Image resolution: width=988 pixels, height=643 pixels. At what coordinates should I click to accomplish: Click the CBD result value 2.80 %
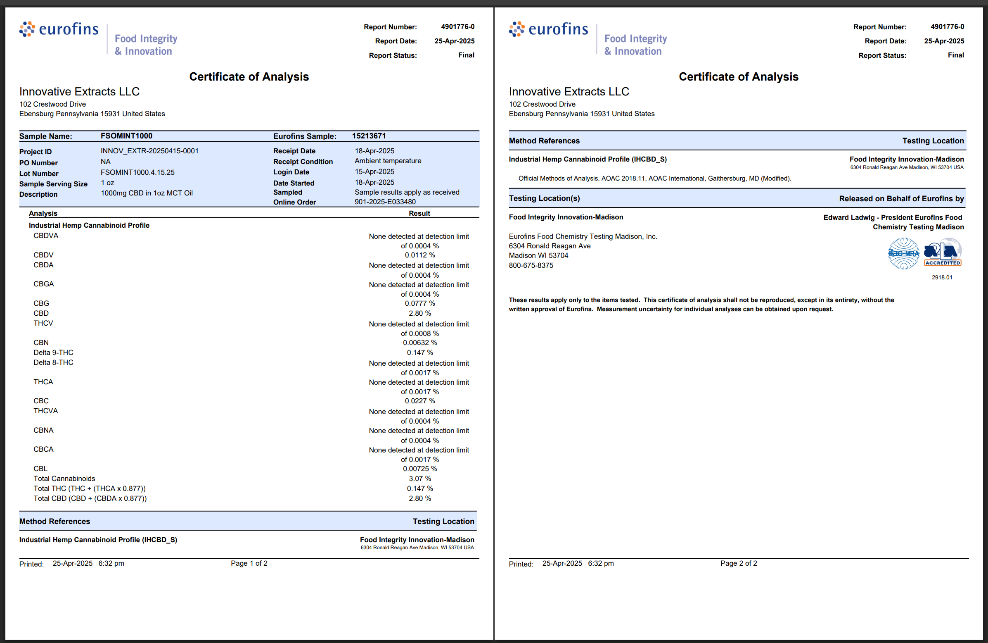click(420, 313)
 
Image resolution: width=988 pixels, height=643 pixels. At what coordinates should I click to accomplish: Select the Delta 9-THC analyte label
click(53, 352)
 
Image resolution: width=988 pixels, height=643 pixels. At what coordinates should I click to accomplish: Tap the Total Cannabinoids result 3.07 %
click(420, 479)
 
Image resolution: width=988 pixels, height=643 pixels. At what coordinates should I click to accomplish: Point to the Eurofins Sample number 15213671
click(369, 136)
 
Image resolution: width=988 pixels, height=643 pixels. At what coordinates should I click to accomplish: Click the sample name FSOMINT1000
click(126, 136)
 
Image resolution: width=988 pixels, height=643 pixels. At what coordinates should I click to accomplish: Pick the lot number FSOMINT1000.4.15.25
click(137, 172)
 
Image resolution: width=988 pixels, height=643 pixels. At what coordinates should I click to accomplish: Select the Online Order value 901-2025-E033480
click(385, 202)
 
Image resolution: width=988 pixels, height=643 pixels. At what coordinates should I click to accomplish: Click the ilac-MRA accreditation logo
click(903, 253)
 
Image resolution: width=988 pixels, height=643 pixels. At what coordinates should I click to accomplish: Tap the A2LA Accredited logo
click(942, 252)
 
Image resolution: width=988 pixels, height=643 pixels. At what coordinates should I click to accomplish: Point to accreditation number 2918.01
click(941, 277)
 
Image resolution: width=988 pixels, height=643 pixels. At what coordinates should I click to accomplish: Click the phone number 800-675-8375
click(531, 265)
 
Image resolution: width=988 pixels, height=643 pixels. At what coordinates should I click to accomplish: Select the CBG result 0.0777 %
click(420, 303)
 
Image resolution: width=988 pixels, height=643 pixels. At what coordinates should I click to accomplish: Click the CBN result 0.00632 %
click(420, 343)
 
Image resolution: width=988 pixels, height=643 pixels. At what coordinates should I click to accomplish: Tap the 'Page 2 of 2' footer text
click(739, 563)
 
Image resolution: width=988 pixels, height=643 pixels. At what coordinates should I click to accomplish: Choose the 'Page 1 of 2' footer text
click(249, 563)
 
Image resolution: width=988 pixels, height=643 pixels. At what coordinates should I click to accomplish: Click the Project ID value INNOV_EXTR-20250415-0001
click(149, 151)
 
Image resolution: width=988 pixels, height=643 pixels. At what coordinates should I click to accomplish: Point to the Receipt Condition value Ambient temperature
click(388, 161)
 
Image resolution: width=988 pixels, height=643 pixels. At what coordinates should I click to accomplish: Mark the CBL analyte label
click(40, 469)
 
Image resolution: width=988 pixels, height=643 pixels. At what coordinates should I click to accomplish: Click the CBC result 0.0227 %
click(420, 401)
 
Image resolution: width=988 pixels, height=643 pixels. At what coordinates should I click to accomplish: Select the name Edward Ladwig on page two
click(848, 217)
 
